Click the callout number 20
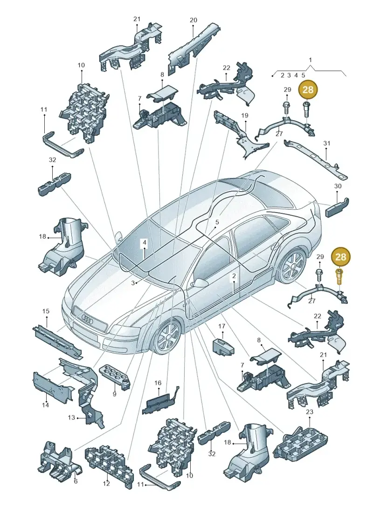[x=193, y=20]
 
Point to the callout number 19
[x=244, y=116]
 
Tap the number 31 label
[x=326, y=143]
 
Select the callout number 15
[x=46, y=311]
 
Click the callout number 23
[x=310, y=412]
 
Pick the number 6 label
[x=76, y=481]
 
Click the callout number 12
[x=106, y=484]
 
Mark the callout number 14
[x=45, y=405]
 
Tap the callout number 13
[x=71, y=417]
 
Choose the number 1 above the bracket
[x=311, y=60]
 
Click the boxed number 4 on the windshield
[x=144, y=243]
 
